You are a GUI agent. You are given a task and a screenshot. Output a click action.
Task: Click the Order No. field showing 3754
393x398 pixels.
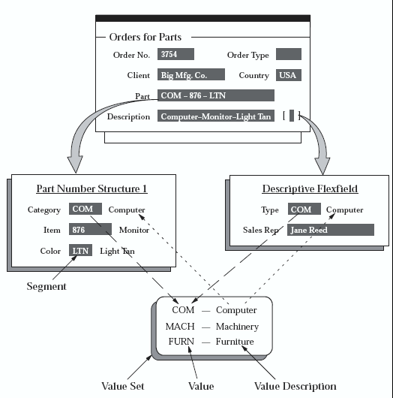(x=176, y=54)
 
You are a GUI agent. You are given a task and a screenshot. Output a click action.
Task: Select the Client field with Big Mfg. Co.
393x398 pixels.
(x=192, y=75)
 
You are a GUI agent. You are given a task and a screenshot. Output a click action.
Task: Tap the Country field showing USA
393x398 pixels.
(x=289, y=75)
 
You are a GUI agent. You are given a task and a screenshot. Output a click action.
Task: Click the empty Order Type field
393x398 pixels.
(x=289, y=54)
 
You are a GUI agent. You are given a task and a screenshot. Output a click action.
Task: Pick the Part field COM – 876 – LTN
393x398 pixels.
(x=216, y=95)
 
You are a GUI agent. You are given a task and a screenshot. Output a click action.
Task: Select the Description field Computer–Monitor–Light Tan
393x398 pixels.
(x=216, y=116)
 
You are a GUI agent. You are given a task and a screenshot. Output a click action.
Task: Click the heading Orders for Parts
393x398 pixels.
(x=145, y=36)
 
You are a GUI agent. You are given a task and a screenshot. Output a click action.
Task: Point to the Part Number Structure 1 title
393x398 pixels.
(x=91, y=188)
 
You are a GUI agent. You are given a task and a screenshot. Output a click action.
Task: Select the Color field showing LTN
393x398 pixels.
(x=80, y=250)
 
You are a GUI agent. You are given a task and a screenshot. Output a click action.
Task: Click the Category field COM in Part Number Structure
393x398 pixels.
(x=85, y=210)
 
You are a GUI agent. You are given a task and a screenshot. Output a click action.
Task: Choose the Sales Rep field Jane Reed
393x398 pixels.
(x=330, y=230)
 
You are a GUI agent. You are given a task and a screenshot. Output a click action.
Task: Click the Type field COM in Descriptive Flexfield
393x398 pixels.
(x=301, y=210)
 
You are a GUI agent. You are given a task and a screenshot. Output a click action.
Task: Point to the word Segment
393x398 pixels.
(x=47, y=286)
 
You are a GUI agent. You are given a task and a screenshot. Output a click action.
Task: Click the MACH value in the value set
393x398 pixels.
(x=181, y=326)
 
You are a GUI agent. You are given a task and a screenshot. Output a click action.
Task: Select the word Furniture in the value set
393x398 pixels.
(x=235, y=342)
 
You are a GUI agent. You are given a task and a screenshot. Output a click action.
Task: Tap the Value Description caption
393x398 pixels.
(x=295, y=386)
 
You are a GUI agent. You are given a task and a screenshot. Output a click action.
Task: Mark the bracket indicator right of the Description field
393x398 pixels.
(x=292, y=116)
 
